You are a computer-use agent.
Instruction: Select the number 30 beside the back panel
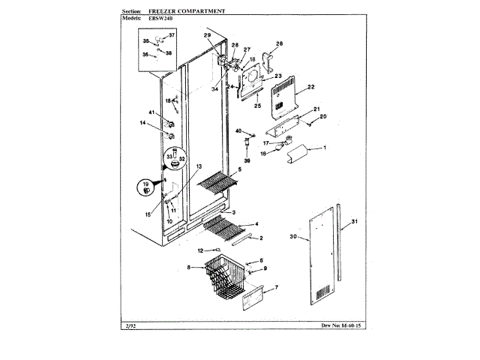click(x=293, y=237)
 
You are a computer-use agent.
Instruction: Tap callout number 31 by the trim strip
click(x=355, y=221)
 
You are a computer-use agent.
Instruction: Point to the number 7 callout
click(x=276, y=288)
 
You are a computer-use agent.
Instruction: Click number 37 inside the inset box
click(x=170, y=36)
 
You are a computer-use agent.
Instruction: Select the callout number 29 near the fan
click(x=207, y=36)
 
